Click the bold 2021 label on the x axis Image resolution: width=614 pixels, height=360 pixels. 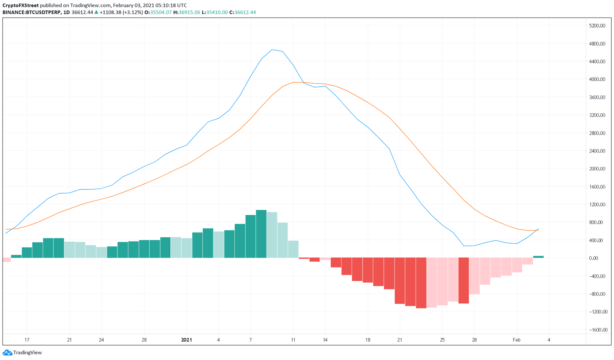pyautogui.click(x=187, y=340)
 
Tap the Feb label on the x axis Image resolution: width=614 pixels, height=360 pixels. pyautogui.click(x=516, y=340)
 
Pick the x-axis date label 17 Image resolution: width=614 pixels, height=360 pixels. pyautogui.click(x=27, y=340)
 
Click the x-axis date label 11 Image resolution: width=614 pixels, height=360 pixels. pyautogui.click(x=293, y=340)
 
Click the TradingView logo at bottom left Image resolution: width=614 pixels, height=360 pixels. pyautogui.click(x=22, y=352)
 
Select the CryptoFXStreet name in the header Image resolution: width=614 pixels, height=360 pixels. pyautogui.click(x=20, y=6)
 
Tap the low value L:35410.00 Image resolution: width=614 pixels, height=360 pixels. pyautogui.click(x=215, y=12)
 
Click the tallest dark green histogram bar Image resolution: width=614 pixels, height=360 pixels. pyautogui.click(x=261, y=234)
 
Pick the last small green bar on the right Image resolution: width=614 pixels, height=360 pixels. pyautogui.click(x=538, y=257)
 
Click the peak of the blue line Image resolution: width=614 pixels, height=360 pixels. pyautogui.click(x=272, y=50)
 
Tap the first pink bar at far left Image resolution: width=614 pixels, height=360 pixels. pyautogui.click(x=6, y=260)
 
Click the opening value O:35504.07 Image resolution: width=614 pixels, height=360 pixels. pyautogui.click(x=158, y=12)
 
